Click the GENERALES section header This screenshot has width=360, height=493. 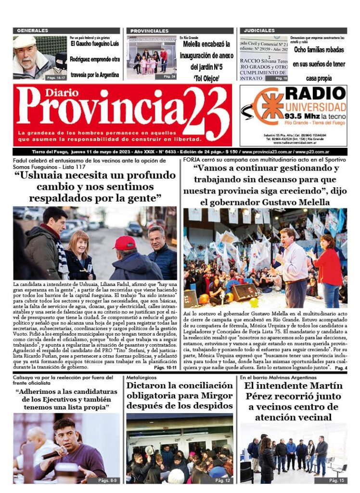coord(33,31)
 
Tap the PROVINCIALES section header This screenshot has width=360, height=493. coord(149,31)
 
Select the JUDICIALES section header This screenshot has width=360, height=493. coord(259,31)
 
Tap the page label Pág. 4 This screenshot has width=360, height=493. coord(340,368)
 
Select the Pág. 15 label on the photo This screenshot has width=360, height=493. coord(336,480)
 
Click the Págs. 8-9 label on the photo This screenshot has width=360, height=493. coord(107,480)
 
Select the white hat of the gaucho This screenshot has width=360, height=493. coord(25,42)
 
